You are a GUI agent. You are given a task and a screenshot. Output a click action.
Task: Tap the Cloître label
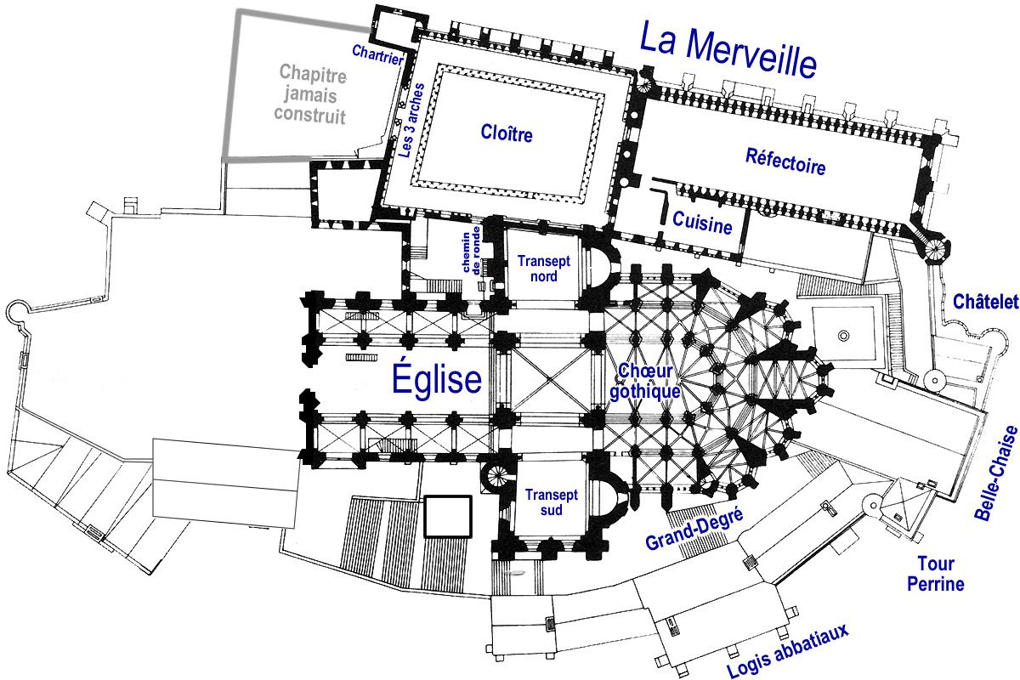pos(507,133)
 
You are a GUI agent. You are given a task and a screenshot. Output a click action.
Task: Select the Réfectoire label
pos(785,161)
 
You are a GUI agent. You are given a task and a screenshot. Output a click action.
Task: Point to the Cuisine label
pos(702,223)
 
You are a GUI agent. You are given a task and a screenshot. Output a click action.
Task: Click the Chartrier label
pos(377,54)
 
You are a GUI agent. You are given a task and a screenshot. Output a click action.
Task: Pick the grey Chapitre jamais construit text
pos(312,94)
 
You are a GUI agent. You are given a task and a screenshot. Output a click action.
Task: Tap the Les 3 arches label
pos(411,121)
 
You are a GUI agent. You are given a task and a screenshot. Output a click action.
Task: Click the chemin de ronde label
pos(471,251)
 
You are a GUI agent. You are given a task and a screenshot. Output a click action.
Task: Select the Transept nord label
pos(544,269)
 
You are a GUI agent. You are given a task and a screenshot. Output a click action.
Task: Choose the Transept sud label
pos(552,502)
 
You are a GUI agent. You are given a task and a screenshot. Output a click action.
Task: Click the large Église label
pos(436,378)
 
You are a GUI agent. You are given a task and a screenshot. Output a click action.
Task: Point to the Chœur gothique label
pos(645,382)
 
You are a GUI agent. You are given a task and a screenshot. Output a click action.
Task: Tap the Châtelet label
pos(986,302)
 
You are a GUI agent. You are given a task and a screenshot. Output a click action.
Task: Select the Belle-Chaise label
pos(995,473)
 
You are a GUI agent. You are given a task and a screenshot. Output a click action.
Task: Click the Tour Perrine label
pos(936,574)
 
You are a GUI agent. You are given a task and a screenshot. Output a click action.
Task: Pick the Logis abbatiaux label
pos(788,651)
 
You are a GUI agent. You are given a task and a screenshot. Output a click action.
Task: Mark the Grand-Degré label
pos(694,530)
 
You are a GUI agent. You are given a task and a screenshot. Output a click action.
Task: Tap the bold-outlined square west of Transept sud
pos(448,517)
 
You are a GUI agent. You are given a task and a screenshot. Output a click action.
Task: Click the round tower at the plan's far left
pos(17,312)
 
